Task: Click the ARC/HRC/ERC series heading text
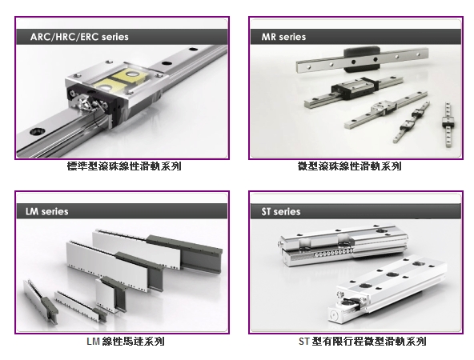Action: point(79,37)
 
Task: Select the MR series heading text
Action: point(283,37)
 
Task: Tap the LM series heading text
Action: point(47,211)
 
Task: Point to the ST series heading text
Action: point(281,211)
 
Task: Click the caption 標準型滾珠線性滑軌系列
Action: point(124,166)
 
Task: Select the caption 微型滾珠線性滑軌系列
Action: point(349,166)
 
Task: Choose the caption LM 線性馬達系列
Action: point(126,342)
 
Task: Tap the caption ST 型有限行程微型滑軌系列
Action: point(363,342)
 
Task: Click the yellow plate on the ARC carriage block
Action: point(121,79)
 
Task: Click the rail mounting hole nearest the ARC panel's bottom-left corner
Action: point(38,131)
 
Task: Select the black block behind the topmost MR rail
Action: point(362,59)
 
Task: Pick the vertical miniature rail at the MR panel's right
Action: point(448,125)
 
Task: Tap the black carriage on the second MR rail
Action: point(355,87)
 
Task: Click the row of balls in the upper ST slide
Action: point(331,253)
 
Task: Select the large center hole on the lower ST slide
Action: point(392,275)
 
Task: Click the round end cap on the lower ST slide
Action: point(334,314)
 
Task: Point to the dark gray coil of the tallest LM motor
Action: point(184,254)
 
